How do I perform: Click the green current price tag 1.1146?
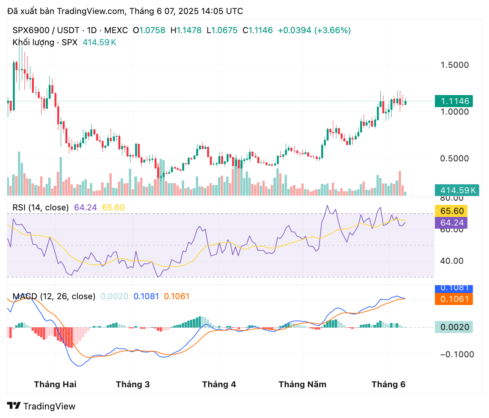pyautogui.click(x=454, y=101)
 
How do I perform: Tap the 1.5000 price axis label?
pyautogui.click(x=454, y=65)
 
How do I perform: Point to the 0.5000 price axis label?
pyautogui.click(x=454, y=158)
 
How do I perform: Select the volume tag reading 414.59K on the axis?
pyautogui.click(x=457, y=190)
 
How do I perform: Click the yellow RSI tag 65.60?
pyautogui.click(x=451, y=211)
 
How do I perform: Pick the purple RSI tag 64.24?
pyautogui.click(x=451, y=222)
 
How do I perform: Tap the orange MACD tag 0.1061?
pyautogui.click(x=454, y=299)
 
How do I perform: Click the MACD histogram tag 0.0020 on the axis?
pyautogui.click(x=454, y=327)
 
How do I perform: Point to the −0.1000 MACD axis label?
pyautogui.click(x=457, y=355)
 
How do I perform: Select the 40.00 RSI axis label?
pyautogui.click(x=452, y=261)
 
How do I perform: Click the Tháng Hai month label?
pyautogui.click(x=55, y=384)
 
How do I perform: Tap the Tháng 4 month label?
pyautogui.click(x=219, y=384)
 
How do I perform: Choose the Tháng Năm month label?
pyautogui.click(x=303, y=384)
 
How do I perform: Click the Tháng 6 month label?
pyautogui.click(x=389, y=384)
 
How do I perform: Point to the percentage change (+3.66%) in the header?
pyautogui.click(x=332, y=30)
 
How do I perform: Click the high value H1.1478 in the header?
pyautogui.click(x=186, y=30)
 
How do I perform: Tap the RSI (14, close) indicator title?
pyautogui.click(x=40, y=208)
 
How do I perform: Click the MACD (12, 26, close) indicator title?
pyautogui.click(x=54, y=296)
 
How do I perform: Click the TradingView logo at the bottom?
pyautogui.click(x=41, y=406)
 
